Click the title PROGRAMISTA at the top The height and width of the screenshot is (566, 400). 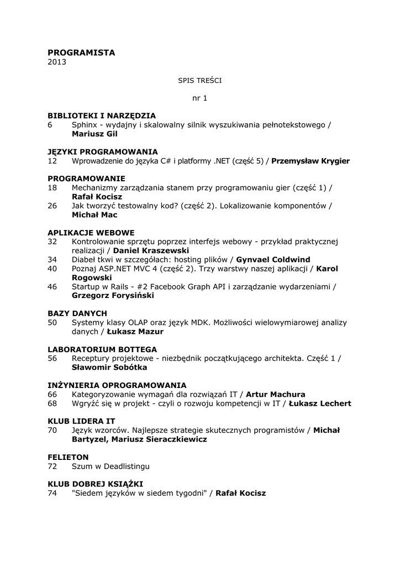pyautogui.click(x=81, y=53)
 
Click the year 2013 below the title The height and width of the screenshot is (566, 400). pyautogui.click(x=57, y=62)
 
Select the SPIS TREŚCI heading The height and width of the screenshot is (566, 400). pyautogui.click(x=199, y=80)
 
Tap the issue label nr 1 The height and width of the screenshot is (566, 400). pyautogui.click(x=199, y=98)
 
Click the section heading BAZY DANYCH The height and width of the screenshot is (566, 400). pyautogui.click(x=77, y=313)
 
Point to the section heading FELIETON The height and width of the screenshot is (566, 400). pyautogui.click(x=68, y=457)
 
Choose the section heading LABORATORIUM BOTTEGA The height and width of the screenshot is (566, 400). pyautogui.click(x=102, y=349)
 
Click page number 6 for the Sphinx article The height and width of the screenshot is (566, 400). pyautogui.click(x=50, y=125)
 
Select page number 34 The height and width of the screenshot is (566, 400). pyautogui.click(x=52, y=259)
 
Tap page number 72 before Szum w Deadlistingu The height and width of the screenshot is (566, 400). pyautogui.click(x=52, y=467)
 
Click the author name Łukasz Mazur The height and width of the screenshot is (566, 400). pyautogui.click(x=135, y=332)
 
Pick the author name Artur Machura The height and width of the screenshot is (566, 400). pyautogui.click(x=275, y=395)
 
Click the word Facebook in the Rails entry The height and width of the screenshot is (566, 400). pyautogui.click(x=160, y=286)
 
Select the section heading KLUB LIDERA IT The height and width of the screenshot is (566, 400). pyautogui.click(x=81, y=421)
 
